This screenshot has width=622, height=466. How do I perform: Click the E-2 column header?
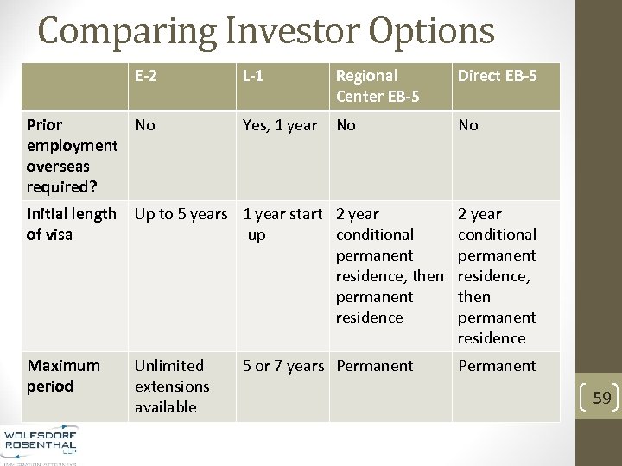[145, 76]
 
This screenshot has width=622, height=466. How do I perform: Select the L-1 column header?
[253, 76]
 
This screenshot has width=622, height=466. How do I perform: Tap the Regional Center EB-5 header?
[378, 85]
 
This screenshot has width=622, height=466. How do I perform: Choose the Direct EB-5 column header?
[497, 76]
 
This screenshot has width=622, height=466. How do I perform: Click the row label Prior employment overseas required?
[72, 155]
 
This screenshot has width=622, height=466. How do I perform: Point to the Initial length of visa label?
[71, 224]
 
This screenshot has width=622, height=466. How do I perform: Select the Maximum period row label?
[63, 375]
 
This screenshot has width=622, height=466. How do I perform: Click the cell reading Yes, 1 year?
[280, 125]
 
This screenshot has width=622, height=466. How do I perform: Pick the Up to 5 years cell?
[181, 214]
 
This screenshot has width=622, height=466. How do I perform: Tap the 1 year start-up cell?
[282, 224]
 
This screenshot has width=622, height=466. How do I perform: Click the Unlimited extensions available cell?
[172, 386]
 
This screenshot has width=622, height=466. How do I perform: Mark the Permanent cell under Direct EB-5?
[497, 366]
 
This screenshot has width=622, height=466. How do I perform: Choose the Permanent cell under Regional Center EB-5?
[375, 366]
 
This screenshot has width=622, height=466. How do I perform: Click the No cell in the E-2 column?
[145, 125]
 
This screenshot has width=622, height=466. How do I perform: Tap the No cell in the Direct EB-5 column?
[468, 125]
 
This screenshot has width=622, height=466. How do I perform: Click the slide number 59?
[602, 398]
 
